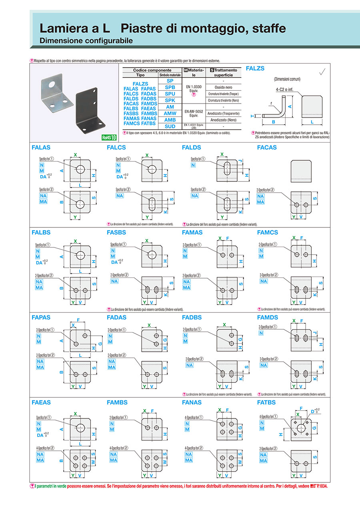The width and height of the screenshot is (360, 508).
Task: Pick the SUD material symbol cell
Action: tap(170, 126)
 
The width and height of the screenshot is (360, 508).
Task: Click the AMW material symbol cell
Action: tap(170, 114)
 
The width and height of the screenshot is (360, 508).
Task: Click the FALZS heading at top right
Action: tap(255, 68)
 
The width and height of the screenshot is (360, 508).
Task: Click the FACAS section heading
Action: tap(267, 147)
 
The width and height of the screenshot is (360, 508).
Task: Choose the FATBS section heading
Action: tap(266, 402)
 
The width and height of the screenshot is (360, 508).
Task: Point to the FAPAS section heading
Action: tap(41, 317)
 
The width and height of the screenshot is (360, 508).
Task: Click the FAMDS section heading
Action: tap(267, 317)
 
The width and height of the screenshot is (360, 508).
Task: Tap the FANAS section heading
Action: tap(192, 402)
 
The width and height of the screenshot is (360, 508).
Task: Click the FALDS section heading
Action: tap(191, 147)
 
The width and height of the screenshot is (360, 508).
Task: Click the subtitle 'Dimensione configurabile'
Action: tap(86, 41)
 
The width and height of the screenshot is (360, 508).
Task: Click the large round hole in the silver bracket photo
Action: tap(52, 85)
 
